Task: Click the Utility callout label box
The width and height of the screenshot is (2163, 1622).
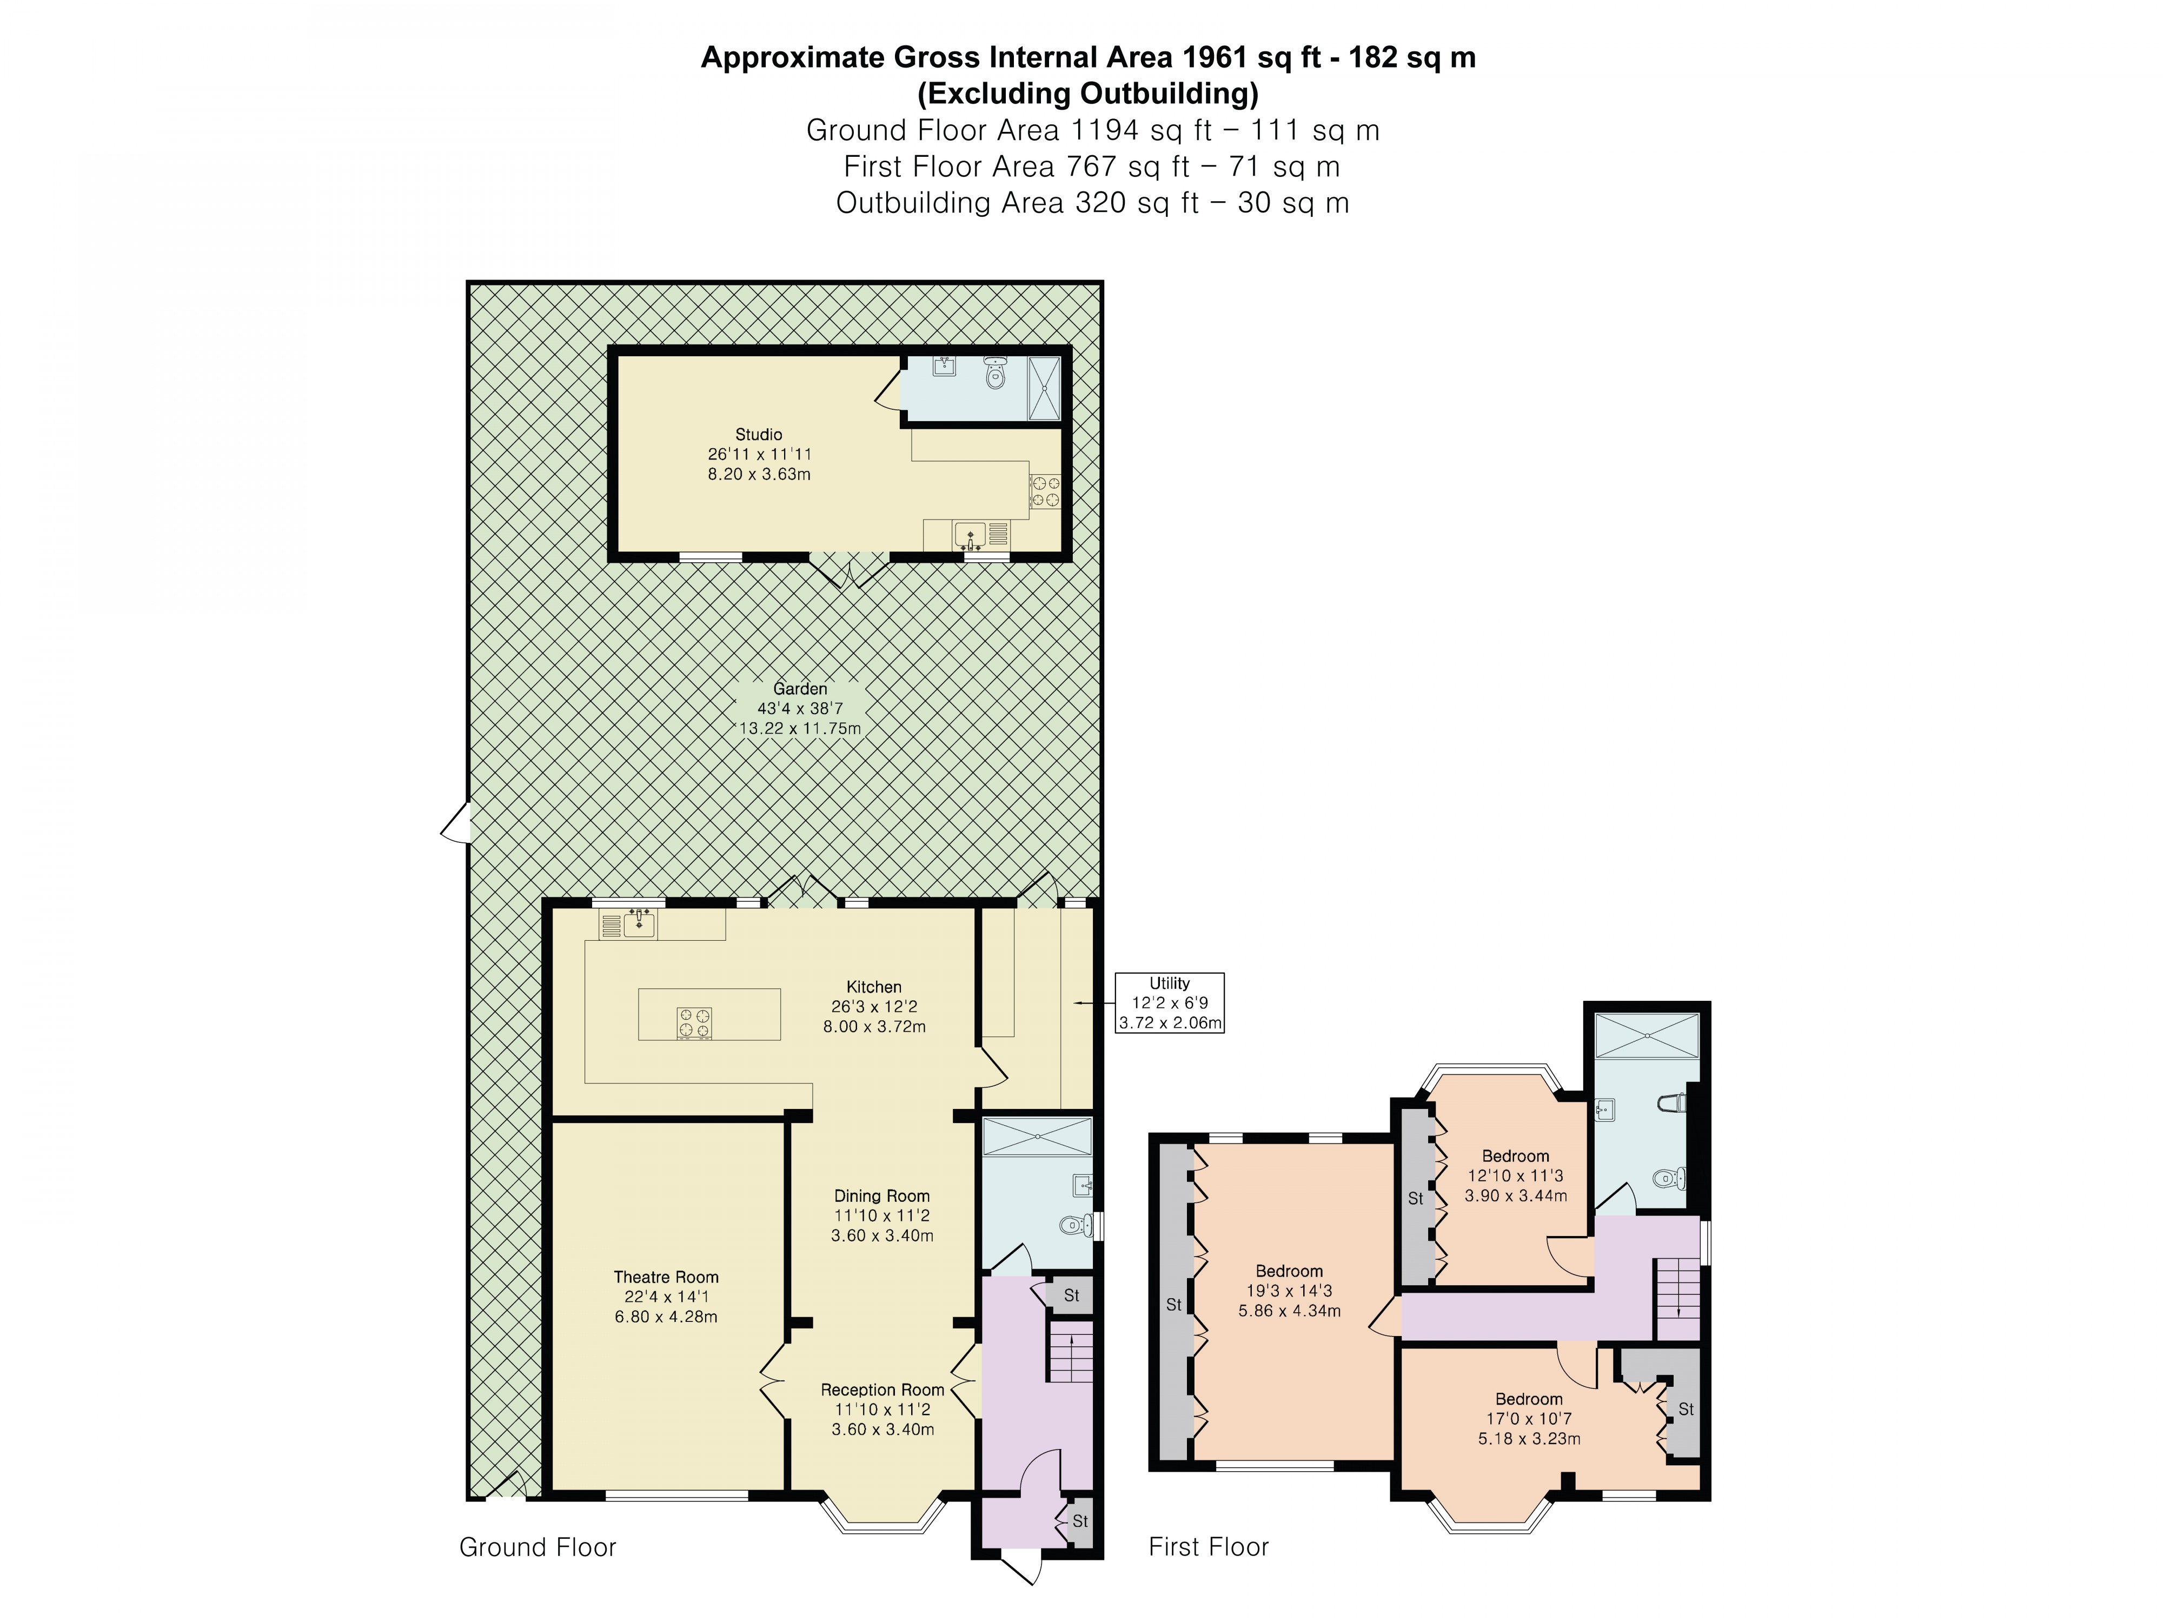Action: (1170, 1003)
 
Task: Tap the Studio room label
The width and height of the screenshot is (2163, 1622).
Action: (759, 434)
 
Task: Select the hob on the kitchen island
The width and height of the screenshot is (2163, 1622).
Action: (694, 1023)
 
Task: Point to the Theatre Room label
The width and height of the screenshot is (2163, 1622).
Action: (666, 1277)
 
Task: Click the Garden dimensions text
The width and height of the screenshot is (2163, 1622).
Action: (800, 719)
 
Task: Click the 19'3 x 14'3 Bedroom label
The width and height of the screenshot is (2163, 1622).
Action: (1289, 1271)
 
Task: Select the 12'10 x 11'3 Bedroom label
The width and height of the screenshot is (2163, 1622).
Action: (1515, 1155)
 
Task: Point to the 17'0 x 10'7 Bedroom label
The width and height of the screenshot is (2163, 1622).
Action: (1528, 1399)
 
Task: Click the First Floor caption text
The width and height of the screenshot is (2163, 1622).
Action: (1209, 1547)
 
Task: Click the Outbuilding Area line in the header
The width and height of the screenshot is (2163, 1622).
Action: (1092, 203)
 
